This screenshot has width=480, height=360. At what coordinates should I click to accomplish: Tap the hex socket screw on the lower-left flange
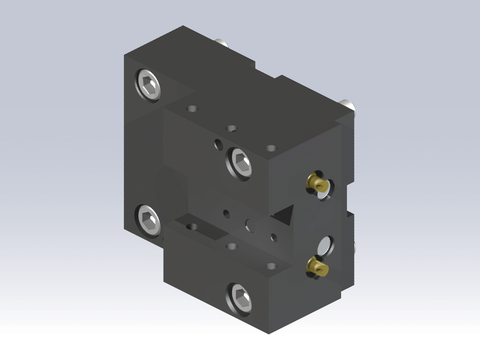(x=148, y=218)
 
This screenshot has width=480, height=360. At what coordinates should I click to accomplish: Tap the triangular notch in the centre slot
(x=286, y=215)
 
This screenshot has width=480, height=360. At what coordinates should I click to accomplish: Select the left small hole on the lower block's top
(x=232, y=244)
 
